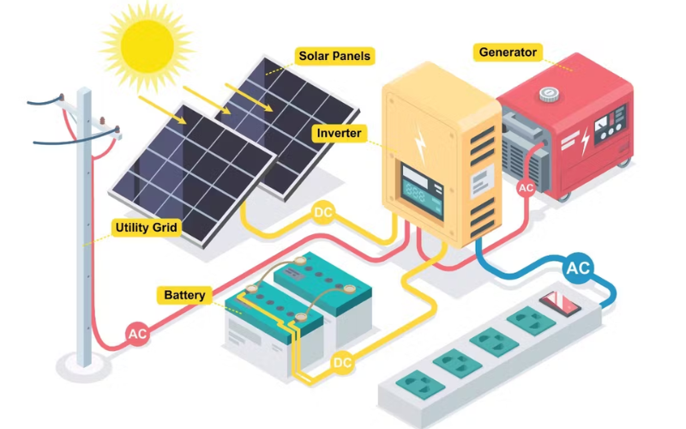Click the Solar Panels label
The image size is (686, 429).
[x=334, y=56]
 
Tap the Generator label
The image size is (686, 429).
[x=508, y=52]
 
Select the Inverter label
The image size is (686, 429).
[x=339, y=133]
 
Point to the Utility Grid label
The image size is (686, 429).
[x=146, y=227]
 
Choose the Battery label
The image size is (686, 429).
[x=184, y=295]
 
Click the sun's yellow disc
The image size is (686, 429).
[x=147, y=45]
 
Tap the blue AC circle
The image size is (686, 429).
[x=578, y=268]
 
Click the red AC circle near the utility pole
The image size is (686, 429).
[x=137, y=334]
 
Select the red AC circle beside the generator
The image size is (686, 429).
[x=526, y=188]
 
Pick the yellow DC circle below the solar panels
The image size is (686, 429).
[x=323, y=213]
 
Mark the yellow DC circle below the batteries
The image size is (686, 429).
[x=342, y=362]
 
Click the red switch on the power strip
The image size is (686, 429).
[x=560, y=304]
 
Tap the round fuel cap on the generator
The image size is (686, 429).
[x=549, y=94]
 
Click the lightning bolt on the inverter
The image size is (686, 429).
[x=420, y=143]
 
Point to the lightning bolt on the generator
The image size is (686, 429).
[x=585, y=141]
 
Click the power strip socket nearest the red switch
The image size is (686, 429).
[x=531, y=321]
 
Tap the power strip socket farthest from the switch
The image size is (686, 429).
[x=420, y=384]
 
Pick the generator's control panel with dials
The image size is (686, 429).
[x=611, y=124]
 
